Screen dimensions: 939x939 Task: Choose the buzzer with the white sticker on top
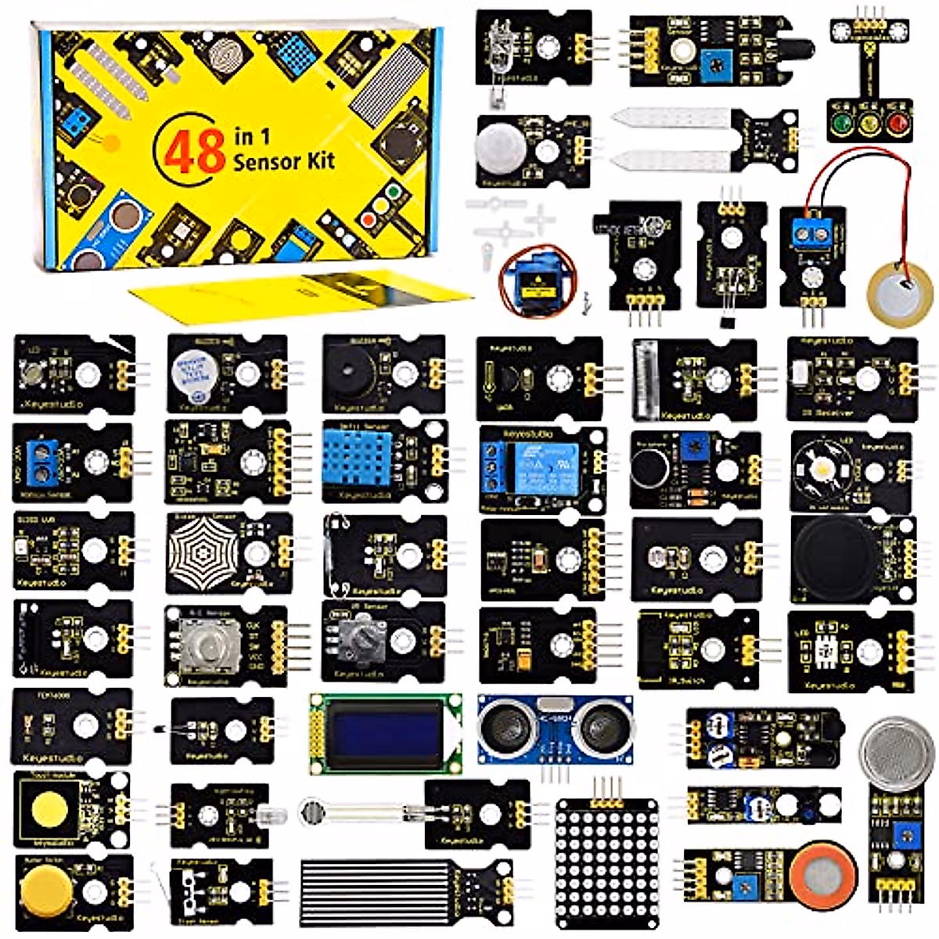[x=193, y=372]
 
